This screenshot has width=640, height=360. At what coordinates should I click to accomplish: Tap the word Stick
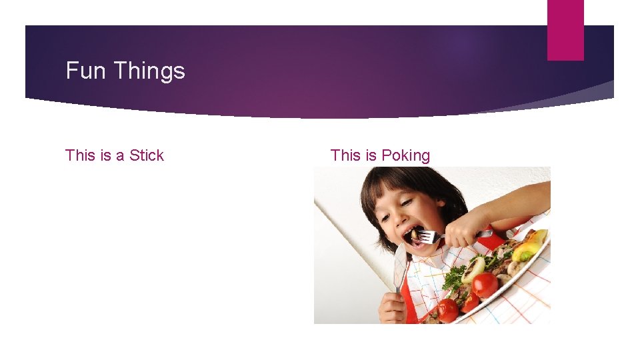[x=147, y=155]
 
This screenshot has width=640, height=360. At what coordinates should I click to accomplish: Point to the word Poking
[x=405, y=156]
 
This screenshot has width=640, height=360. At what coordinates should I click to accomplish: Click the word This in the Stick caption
[x=80, y=155]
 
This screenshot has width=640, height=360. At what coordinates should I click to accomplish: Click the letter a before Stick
[x=120, y=156]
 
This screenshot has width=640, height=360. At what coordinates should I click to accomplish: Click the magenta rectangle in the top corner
[x=565, y=29]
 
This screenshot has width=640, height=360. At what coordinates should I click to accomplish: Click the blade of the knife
[x=399, y=267]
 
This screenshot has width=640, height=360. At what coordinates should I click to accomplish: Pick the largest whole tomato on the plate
[x=485, y=285]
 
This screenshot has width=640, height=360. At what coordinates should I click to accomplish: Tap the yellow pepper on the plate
[x=528, y=250]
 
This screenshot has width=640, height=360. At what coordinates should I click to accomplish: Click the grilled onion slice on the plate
[x=474, y=268]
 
